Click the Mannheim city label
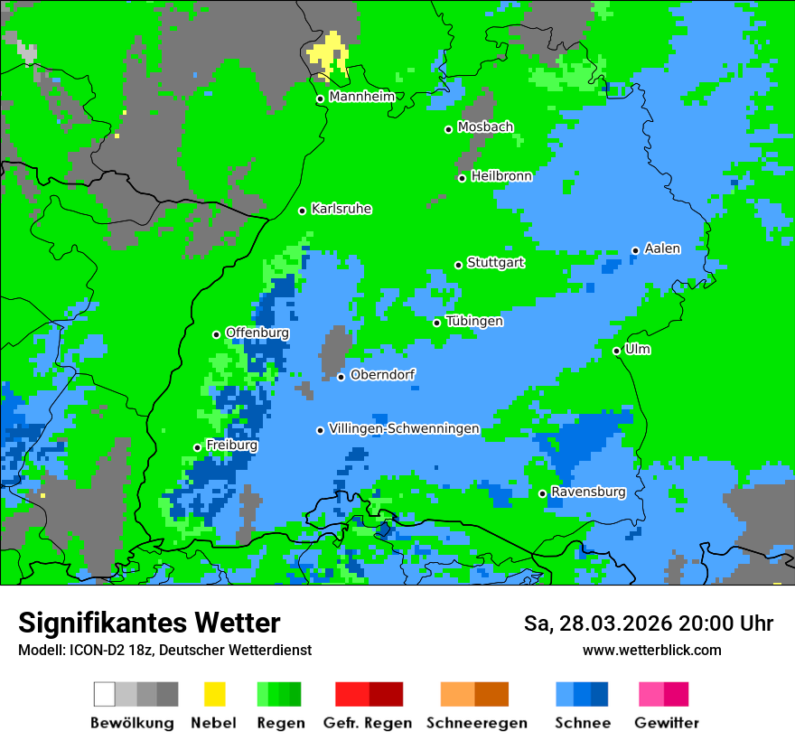pyautogui.click(x=361, y=97)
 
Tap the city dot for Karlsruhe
pyautogui.click(x=303, y=211)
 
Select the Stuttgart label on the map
pyautogui.click(x=495, y=263)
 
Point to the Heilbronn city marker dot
pyautogui.click(x=462, y=178)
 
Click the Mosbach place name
pyautogui.click(x=485, y=127)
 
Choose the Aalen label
pyautogui.click(x=662, y=248)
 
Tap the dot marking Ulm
pyautogui.click(x=616, y=351)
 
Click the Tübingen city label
pyautogui.click(x=474, y=322)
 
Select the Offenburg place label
pyautogui.click(x=257, y=333)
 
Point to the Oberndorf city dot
pyautogui.click(x=341, y=377)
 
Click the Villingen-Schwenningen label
pyautogui.click(x=404, y=429)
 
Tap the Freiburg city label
pyautogui.click(x=231, y=445)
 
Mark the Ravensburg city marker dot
pyautogui.click(x=542, y=493)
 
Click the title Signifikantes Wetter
pyautogui.click(x=149, y=623)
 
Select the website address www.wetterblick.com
pyautogui.click(x=651, y=650)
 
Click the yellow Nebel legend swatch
pyautogui.click(x=214, y=694)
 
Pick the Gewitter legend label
pyautogui.click(x=666, y=723)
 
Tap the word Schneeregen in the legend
pyautogui.click(x=476, y=723)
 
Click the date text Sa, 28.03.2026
pyautogui.click(x=602, y=623)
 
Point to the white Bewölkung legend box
pyautogui.click(x=104, y=694)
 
